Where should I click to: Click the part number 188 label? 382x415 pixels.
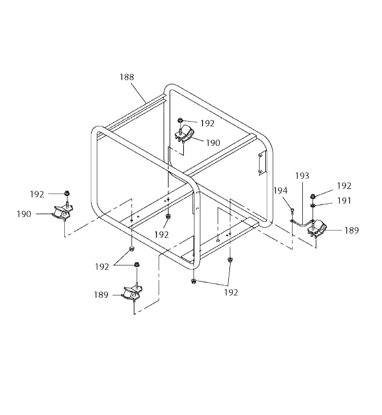coord(127,77)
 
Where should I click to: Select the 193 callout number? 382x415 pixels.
coord(302,176)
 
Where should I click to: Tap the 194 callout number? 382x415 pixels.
coord(280,190)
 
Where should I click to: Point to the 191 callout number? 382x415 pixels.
coord(344,200)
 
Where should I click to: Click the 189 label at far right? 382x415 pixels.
coord(352,231)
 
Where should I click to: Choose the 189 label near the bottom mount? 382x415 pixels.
coord(101,294)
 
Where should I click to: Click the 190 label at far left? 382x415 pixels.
coord(24,214)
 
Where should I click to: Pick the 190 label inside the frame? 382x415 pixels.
coord(213,143)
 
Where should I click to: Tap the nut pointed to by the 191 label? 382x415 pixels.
coord(313,206)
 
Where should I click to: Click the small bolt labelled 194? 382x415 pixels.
coord(291,210)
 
